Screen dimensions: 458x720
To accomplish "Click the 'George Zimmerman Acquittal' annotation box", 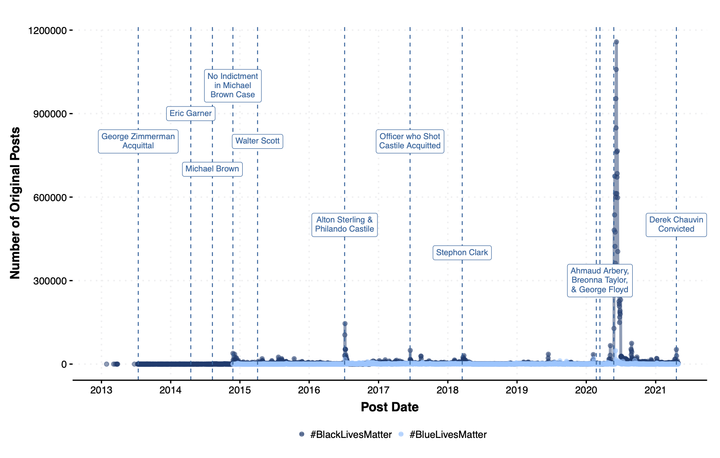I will pos(138,141).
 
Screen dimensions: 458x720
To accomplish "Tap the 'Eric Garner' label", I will pos(191,113).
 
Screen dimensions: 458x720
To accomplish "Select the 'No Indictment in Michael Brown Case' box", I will pos(233,85).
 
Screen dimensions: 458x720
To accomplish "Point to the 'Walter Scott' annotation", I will pos(257,141).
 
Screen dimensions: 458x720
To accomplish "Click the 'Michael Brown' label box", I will pos(212,169).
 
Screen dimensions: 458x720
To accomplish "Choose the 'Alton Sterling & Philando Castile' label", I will pos(344,225).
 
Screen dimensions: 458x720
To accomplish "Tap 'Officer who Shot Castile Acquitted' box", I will pos(410,141).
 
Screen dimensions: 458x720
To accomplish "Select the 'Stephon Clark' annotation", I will pos(462,253).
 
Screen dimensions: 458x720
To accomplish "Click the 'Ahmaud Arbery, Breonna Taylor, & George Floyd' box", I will pos(600,280).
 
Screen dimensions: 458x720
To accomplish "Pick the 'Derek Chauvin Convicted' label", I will pos(676,225).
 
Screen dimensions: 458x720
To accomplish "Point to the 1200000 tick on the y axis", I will pos(47,31).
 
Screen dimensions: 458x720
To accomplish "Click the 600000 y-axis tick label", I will pos(50,198).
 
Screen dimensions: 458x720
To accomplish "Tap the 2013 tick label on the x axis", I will pos(101,390).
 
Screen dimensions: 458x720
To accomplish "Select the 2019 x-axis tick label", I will pos(517,390).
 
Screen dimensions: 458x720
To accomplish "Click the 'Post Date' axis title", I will pos(390,407).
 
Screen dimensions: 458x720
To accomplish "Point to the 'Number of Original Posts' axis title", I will pos(15,203).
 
